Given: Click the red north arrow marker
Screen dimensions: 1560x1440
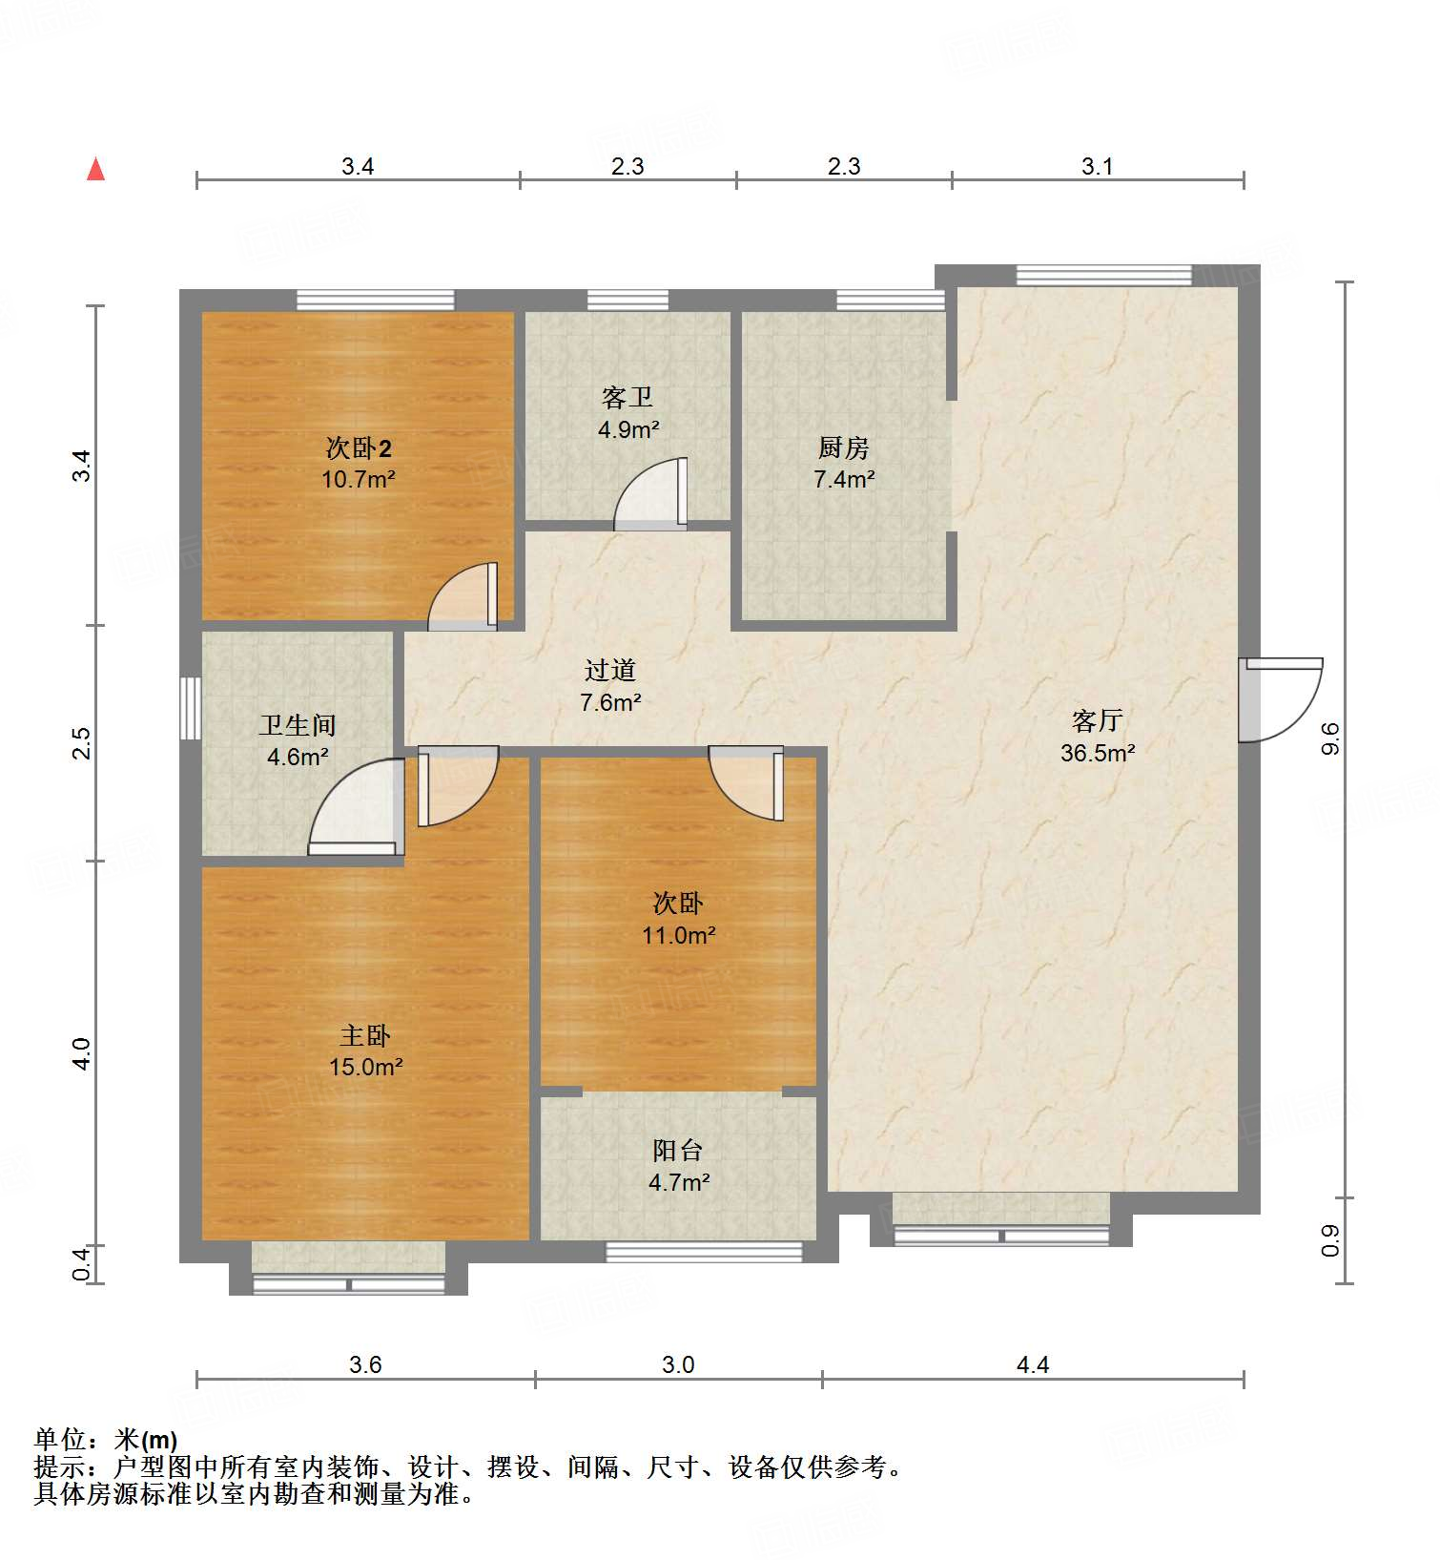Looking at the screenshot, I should pos(95,170).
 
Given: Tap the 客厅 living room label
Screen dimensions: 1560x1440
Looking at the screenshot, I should pos(1097,720).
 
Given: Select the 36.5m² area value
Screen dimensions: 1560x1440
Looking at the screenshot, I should pos(1097,753).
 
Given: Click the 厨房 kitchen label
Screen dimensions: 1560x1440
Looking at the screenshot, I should pos(843,447).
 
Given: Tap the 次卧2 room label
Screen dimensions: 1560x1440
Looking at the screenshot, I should pos(358,447).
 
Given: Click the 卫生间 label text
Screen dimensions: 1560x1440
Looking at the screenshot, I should pos(297,725).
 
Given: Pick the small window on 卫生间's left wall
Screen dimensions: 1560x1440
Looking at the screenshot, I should pos(191,708).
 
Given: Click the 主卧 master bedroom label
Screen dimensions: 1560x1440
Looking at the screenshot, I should pos(365,1035).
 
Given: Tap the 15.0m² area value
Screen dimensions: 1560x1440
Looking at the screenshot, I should pos(365,1067).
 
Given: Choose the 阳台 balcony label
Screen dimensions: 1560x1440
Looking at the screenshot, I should pos(678,1151).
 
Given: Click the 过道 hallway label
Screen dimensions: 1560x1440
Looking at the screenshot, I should pos(609,670).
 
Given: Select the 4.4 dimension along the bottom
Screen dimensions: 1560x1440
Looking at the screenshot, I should pos(1032,1364).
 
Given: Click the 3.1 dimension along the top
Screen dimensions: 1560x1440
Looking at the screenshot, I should pos(1097,167).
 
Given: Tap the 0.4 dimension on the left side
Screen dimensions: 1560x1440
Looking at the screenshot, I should pos(82,1264).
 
